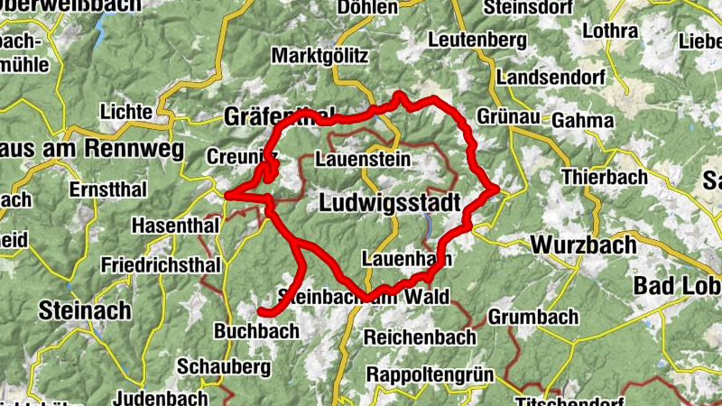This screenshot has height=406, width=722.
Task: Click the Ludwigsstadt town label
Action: tap(390, 203)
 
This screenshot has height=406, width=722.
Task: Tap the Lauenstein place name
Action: tap(363, 160)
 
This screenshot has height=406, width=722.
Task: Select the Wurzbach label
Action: tap(584, 245)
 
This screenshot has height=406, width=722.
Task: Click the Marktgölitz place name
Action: tap(320, 56)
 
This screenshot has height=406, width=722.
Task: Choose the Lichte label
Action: tap(125, 111)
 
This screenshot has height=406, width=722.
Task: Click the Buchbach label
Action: tap(256, 331)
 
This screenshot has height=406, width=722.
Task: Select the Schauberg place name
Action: tap(224, 367)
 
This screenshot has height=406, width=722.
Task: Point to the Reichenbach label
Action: tap(420, 337)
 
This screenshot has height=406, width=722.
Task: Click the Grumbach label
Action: tap(532, 318)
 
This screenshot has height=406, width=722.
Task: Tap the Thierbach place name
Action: tap(605, 177)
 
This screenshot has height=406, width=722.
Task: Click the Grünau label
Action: tap(506, 118)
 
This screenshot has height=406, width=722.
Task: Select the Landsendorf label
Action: tap(551, 78)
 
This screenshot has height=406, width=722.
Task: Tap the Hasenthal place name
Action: tap(175, 225)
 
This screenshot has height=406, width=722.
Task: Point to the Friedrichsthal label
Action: tap(161, 265)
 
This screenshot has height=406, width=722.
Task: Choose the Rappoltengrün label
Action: tap(426, 374)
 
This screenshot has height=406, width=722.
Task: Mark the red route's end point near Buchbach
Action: tap(261, 312)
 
